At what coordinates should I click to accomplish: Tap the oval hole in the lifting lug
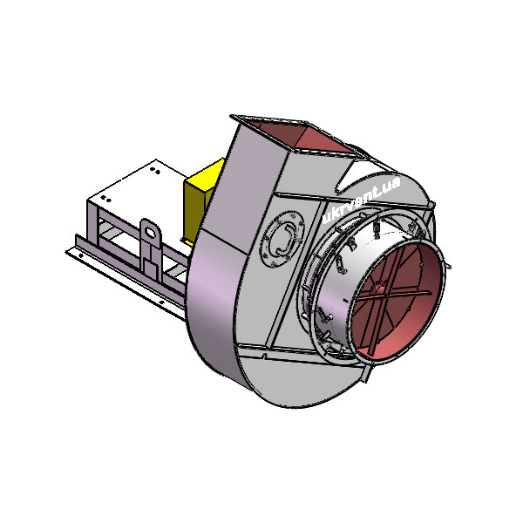(x=151, y=232)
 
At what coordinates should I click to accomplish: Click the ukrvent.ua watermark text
(x=361, y=200)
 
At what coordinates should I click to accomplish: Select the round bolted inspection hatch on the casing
(x=283, y=239)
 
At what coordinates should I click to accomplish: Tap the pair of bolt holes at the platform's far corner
(x=154, y=170)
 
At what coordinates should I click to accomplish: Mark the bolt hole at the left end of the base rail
(x=81, y=256)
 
